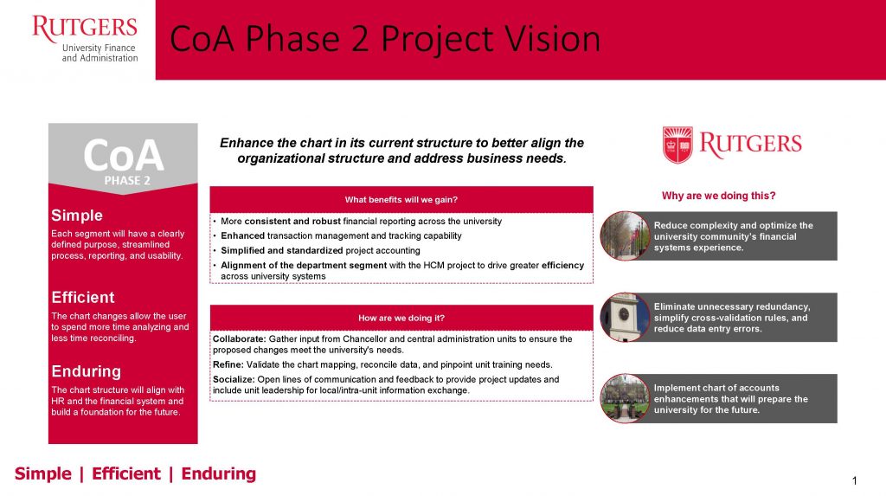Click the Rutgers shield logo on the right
point(677,145)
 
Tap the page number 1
point(854,480)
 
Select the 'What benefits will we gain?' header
point(401,200)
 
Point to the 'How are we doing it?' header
point(401,318)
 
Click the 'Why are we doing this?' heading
point(719,196)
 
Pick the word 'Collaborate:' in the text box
point(239,338)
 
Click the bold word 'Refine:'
point(228,364)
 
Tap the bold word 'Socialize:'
point(234,379)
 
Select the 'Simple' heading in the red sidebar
point(77,216)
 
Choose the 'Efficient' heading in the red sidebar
point(82,298)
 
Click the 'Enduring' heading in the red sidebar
point(86,371)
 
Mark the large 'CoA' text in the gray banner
point(123,156)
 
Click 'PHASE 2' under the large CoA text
point(127,180)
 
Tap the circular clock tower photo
point(625,318)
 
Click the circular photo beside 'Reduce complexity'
point(625,235)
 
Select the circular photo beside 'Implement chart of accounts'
point(625,398)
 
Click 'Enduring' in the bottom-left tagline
point(219,473)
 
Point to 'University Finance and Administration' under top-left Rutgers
point(100,53)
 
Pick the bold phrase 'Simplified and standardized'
point(282,250)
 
